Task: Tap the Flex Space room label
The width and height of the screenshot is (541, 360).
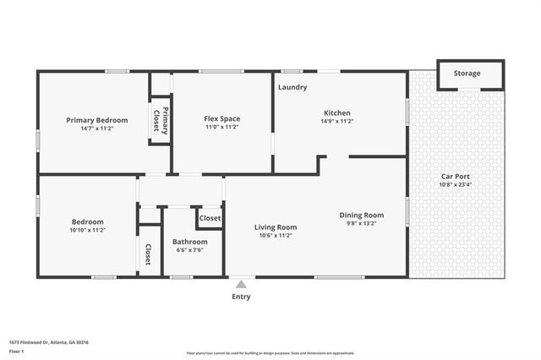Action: pos(221,119)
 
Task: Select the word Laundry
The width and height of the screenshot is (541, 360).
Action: pos(292,87)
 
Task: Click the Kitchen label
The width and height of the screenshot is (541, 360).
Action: pos(337,113)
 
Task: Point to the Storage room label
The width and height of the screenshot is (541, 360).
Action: pos(467,74)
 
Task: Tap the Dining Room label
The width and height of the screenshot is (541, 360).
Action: pos(362,215)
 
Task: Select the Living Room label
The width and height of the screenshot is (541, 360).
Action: pos(276,226)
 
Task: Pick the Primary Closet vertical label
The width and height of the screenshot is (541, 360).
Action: pos(161,120)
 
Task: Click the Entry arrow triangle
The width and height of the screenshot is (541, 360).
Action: pos(242,284)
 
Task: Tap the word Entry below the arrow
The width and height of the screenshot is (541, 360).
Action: pos(242,297)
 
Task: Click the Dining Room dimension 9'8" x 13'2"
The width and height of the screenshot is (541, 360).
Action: pos(362,224)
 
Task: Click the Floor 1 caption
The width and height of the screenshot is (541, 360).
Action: pos(17,351)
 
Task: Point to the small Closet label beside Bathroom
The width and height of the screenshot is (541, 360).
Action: pos(210,218)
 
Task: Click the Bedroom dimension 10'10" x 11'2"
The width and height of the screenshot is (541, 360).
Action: pos(87,230)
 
